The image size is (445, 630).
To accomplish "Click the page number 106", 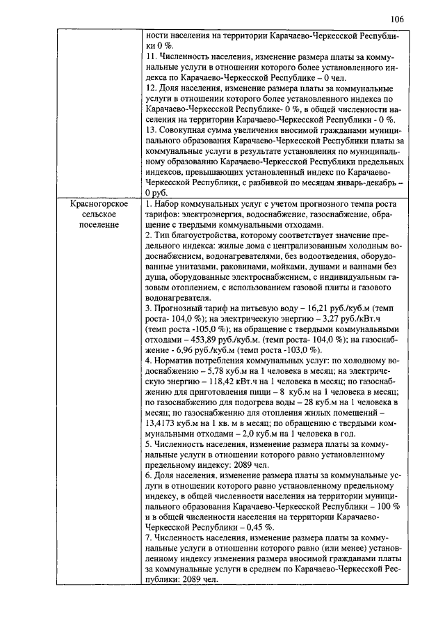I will pos(397,18).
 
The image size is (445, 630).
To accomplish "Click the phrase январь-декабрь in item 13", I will pos(357,180).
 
